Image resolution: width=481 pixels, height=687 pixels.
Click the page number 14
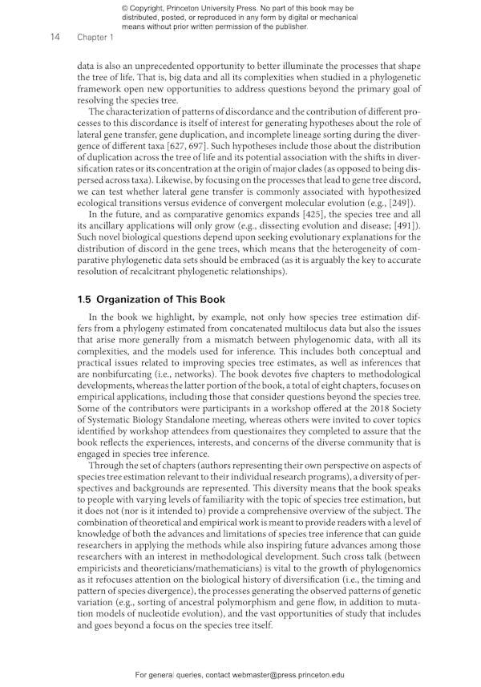[x=56, y=37]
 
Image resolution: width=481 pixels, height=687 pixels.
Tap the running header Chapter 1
[x=95, y=37]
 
